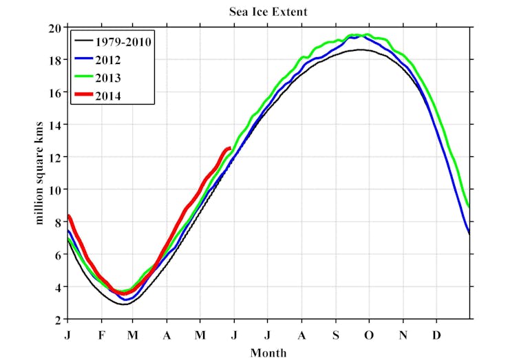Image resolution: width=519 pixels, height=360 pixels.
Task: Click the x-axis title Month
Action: coord(268,352)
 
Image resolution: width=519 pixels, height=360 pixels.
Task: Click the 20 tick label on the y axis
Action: coord(55,28)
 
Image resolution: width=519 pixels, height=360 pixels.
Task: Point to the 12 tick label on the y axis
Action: coord(55,157)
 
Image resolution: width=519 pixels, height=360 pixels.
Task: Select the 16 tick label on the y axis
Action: coord(55,93)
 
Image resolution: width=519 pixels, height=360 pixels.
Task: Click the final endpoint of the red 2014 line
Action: coord(229,147)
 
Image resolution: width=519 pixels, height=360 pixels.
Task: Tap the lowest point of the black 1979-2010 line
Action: coord(124,304)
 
